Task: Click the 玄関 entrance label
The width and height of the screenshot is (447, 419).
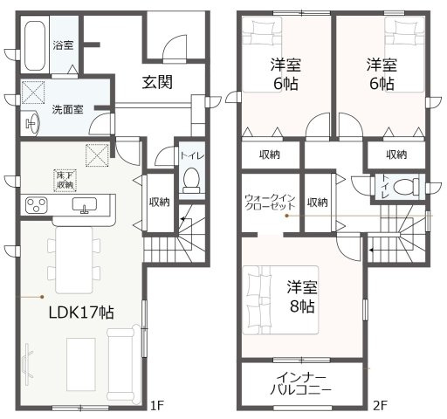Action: (x=157, y=82)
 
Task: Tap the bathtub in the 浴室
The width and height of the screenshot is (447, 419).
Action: (x=35, y=45)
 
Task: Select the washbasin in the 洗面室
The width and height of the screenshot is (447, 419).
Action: (x=31, y=123)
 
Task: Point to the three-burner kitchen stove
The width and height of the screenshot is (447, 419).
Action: (x=37, y=205)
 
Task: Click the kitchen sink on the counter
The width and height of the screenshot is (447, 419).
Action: (x=85, y=205)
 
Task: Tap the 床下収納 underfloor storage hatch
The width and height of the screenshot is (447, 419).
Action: (x=65, y=180)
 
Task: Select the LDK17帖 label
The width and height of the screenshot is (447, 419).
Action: (x=81, y=313)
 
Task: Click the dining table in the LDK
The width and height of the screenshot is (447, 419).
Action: (x=74, y=260)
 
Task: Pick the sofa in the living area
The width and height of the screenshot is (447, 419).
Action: (x=121, y=364)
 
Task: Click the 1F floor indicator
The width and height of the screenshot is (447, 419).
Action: (x=157, y=405)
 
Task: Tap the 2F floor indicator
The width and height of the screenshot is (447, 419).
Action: (x=381, y=405)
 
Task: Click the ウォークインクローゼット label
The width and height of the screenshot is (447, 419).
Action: (x=270, y=203)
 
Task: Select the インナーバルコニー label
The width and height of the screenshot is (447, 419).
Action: (x=300, y=384)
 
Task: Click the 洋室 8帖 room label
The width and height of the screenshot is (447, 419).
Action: (x=302, y=296)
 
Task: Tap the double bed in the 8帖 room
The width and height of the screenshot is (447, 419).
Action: (x=280, y=300)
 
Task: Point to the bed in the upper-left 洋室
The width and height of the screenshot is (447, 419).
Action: (x=263, y=55)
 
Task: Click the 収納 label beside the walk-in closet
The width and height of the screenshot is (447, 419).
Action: (x=318, y=202)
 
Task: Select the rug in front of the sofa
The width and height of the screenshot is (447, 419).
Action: (x=81, y=364)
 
